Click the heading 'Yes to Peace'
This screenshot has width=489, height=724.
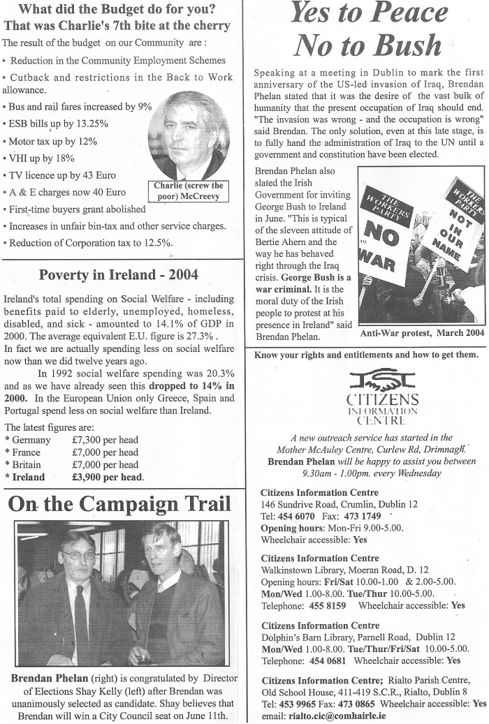tap(369, 14)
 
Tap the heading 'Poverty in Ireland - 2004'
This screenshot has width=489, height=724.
tap(118, 274)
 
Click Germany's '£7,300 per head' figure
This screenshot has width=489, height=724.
tap(105, 440)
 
